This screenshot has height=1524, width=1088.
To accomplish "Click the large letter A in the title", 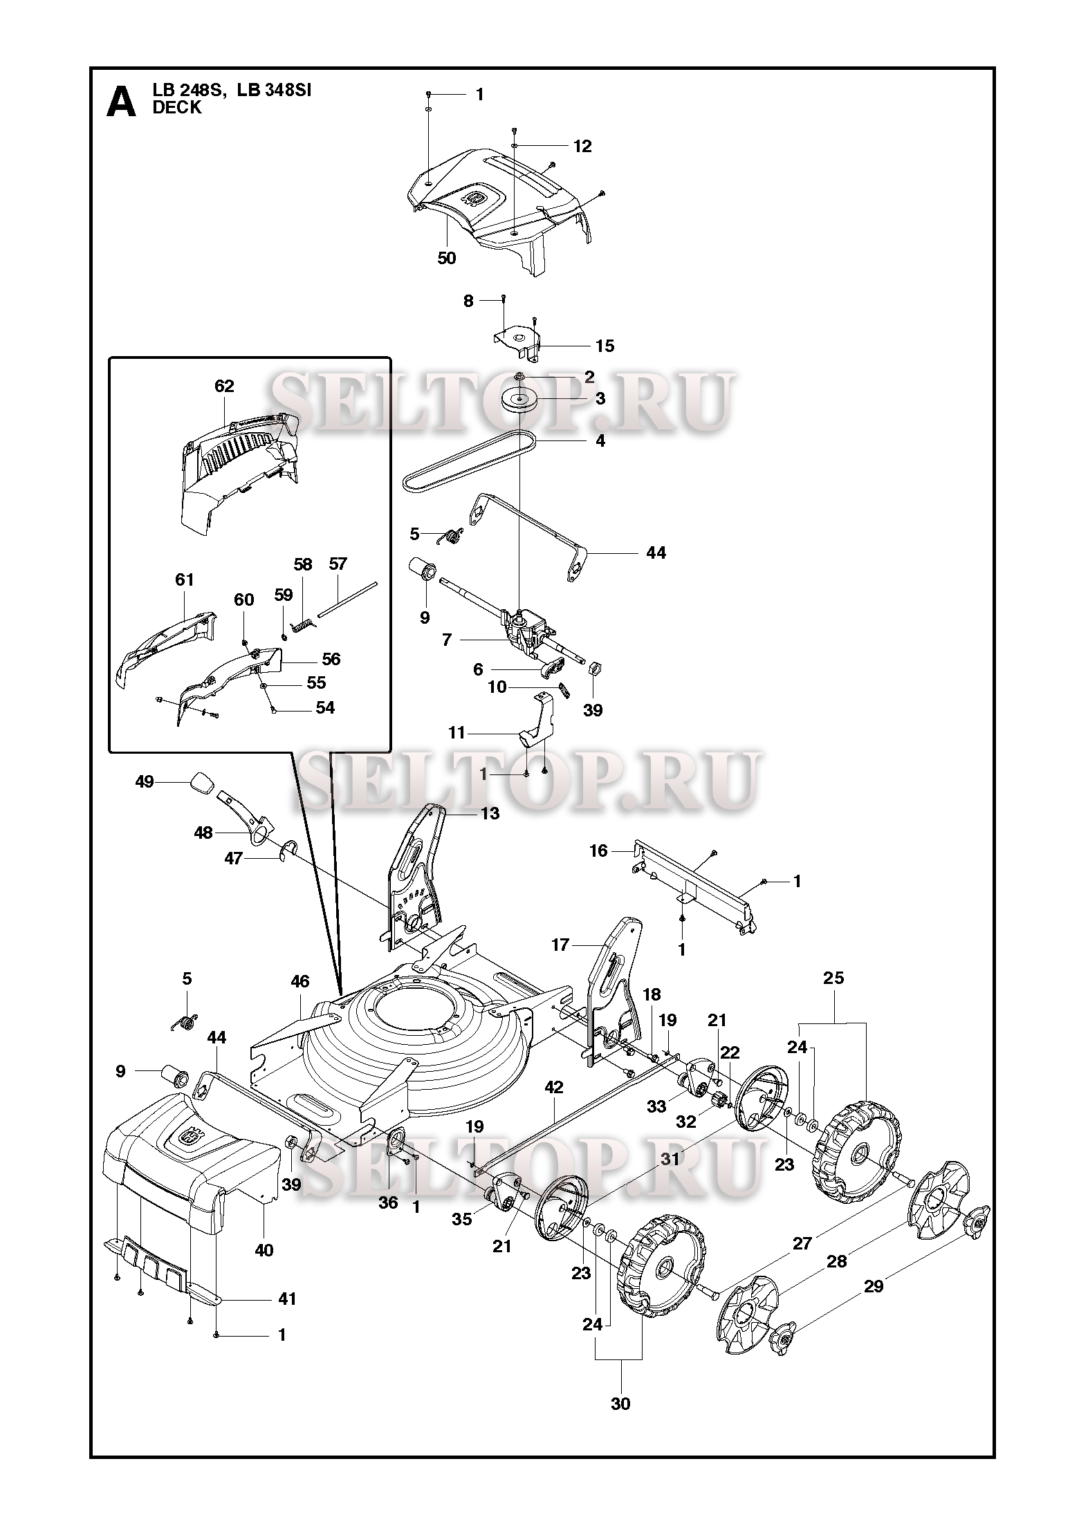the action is (x=121, y=102).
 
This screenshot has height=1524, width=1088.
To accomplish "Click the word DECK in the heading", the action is (x=177, y=108).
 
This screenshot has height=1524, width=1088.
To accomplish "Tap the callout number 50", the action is (x=447, y=258).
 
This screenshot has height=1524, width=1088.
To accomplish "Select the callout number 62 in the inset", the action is (x=225, y=386).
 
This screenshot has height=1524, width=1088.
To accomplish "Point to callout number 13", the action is (x=490, y=813).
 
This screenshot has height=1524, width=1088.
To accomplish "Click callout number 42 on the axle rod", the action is (x=554, y=1106).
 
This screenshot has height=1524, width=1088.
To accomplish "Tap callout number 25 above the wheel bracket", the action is (x=833, y=978).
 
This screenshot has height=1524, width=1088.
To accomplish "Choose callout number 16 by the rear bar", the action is (x=598, y=851).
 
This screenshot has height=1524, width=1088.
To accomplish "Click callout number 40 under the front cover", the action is (x=264, y=1250).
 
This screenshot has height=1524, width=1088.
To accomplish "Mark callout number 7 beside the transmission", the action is (x=447, y=640).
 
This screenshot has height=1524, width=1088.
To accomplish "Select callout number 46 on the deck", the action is (x=299, y=981).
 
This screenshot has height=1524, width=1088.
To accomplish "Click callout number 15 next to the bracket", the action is (x=605, y=346).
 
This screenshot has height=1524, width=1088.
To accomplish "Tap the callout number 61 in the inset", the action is (x=185, y=579).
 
